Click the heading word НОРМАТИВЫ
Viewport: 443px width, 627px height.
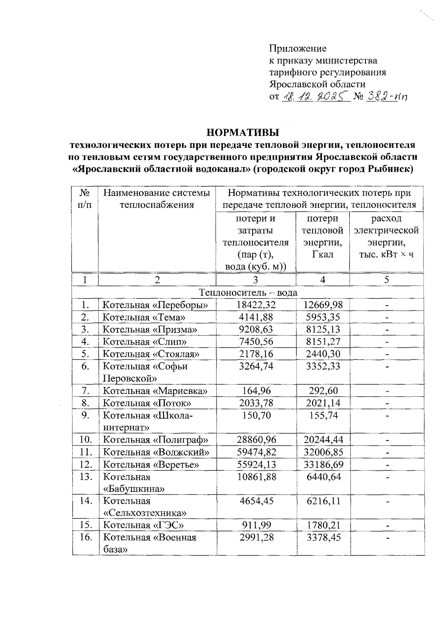(243, 132)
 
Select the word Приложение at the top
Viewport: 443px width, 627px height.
(298, 48)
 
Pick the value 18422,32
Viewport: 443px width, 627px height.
(256, 305)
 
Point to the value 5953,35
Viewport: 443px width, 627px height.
(323, 317)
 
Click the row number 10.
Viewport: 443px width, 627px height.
(85, 440)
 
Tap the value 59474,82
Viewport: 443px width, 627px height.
(256, 452)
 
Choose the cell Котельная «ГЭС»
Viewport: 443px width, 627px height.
(143, 525)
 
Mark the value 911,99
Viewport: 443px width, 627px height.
(256, 525)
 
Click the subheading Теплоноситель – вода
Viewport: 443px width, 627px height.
(248, 293)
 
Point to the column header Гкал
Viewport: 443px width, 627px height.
(323, 255)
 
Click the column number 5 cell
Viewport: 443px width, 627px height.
(387, 280)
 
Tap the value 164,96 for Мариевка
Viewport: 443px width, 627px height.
(256, 391)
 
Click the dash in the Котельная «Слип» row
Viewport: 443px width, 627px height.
(387, 342)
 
